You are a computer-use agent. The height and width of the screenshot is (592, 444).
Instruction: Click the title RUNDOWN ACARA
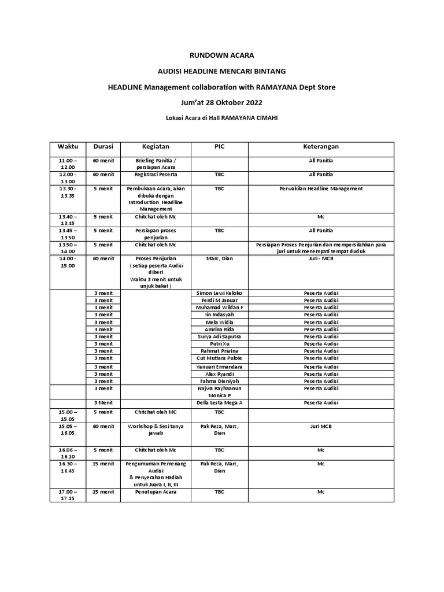(222, 55)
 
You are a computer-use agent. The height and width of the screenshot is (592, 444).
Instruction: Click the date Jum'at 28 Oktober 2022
(222, 103)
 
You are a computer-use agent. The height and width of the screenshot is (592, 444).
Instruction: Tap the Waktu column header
(68, 147)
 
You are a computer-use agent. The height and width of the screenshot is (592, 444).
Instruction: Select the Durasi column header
(103, 147)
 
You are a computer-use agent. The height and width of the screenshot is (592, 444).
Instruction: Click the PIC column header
(219, 147)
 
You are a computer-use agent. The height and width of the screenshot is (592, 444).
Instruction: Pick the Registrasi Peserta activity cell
(156, 174)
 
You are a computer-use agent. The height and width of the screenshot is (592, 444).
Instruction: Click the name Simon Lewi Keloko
(219, 293)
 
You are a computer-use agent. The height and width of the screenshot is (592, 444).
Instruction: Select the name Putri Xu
(219, 343)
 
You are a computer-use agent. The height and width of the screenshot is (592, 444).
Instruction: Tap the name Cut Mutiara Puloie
(219, 358)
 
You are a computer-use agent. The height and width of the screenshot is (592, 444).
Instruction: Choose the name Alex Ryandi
(219, 374)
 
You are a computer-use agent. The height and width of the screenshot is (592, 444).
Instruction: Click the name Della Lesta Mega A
(219, 402)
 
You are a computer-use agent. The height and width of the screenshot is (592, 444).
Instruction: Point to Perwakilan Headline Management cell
(320, 188)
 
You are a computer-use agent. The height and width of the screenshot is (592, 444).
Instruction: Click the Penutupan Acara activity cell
(156, 492)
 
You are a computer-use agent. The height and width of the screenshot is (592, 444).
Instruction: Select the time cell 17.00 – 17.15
(68, 495)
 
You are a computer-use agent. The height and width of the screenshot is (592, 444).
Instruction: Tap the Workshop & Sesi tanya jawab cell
(156, 430)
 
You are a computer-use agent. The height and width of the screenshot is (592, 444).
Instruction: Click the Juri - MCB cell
(320, 258)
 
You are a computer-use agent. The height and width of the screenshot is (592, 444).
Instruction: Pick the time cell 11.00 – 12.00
(68, 163)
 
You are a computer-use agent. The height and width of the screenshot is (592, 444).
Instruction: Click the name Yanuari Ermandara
(219, 367)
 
